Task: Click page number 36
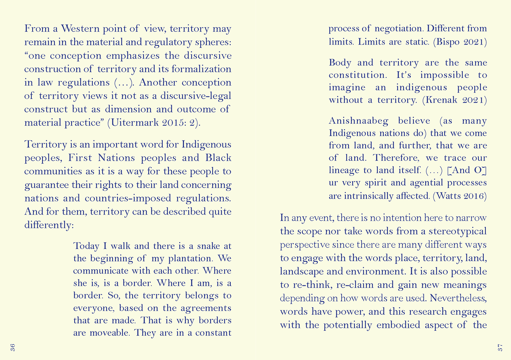click(13, 347)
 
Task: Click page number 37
click(500, 347)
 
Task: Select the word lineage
click(345, 170)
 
